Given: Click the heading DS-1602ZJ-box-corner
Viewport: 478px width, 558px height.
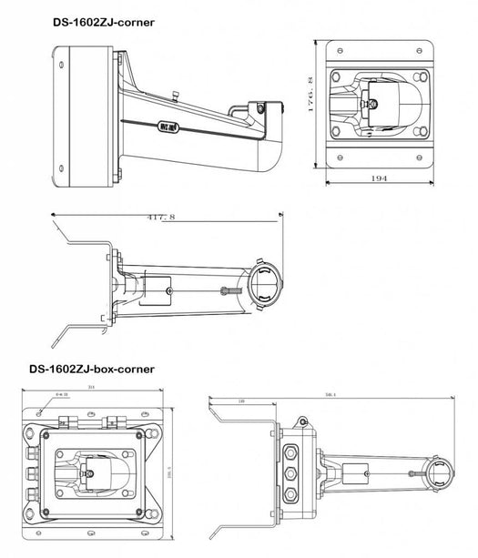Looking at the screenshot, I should click(x=91, y=370).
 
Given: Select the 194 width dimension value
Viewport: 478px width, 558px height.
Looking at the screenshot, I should click(x=381, y=179).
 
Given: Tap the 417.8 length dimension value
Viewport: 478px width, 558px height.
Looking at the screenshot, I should click(x=161, y=217).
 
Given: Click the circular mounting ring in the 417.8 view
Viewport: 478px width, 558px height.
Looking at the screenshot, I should click(x=264, y=289).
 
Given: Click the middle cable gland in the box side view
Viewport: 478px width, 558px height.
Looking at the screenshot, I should click(x=290, y=475).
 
